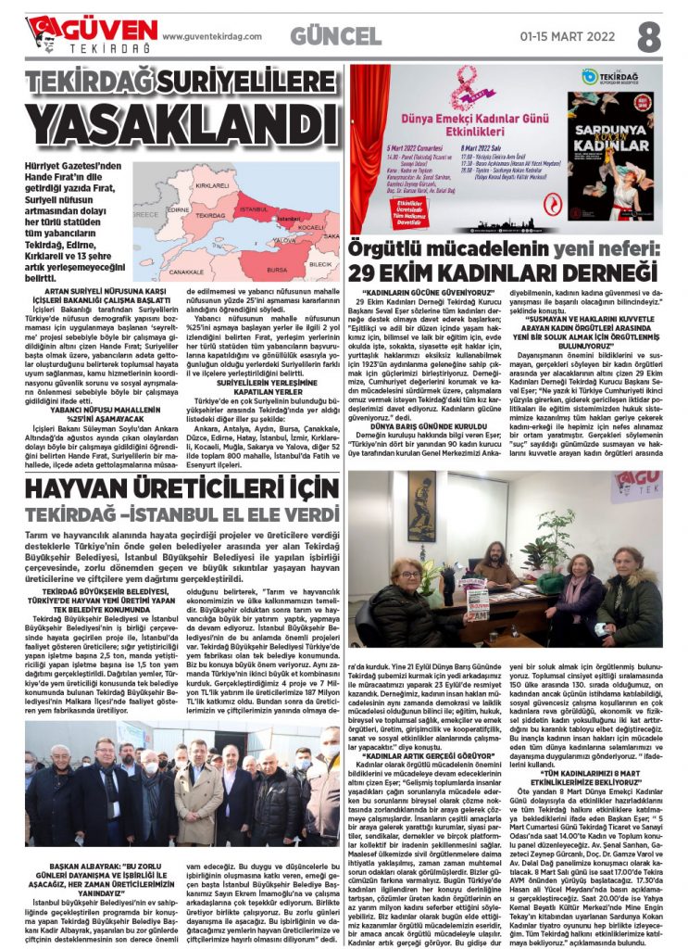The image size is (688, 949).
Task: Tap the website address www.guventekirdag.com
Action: pyautogui.click(x=212, y=36)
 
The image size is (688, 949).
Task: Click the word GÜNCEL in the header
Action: pyautogui.click(x=335, y=36)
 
